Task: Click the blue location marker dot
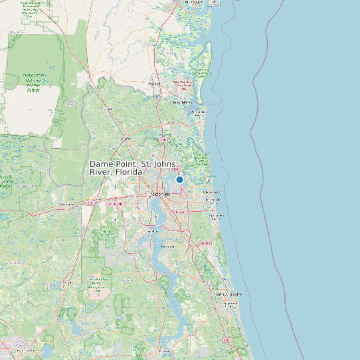179,179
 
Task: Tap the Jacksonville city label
161,194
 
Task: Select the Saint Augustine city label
226,294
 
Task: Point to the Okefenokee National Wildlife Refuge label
31,82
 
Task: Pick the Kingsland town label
154,84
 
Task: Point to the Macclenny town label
66,205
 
